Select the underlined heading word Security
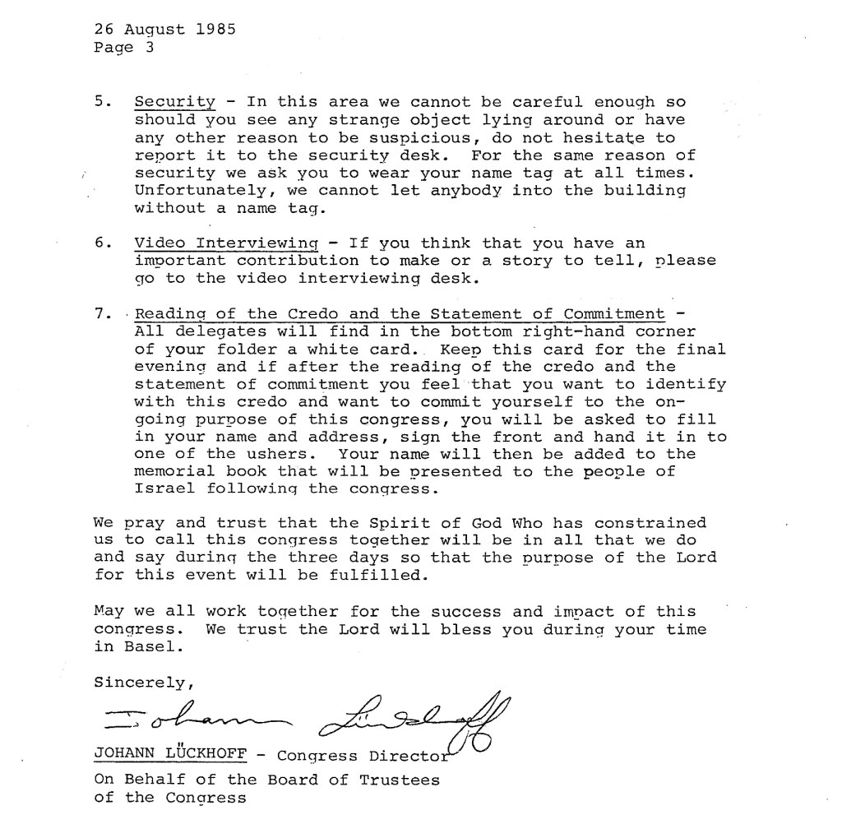pyautogui.click(x=174, y=103)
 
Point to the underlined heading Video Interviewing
pyautogui.click(x=226, y=243)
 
